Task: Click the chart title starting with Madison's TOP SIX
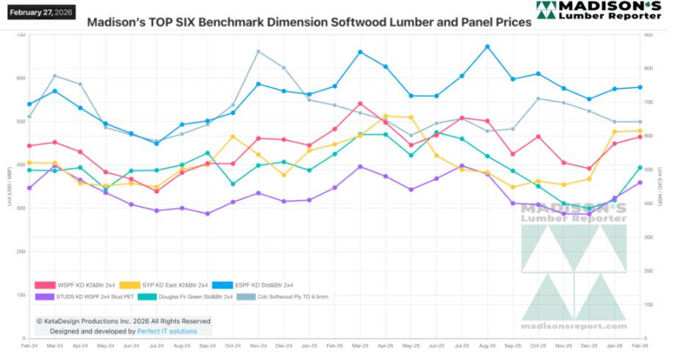pyautogui.click(x=308, y=23)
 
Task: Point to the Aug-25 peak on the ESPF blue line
pyautogui.click(x=487, y=46)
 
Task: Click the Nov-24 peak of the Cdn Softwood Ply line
pyautogui.click(x=258, y=51)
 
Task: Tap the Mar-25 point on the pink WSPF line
pyautogui.click(x=360, y=104)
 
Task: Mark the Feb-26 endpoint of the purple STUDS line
pyautogui.click(x=640, y=182)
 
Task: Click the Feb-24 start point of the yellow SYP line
pyautogui.click(x=29, y=162)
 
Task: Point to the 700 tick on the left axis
pyautogui.click(x=21, y=35)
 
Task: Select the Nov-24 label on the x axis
pyautogui.click(x=258, y=345)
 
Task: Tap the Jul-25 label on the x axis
pyautogui.click(x=461, y=345)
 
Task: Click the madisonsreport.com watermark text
pyautogui.click(x=574, y=326)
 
